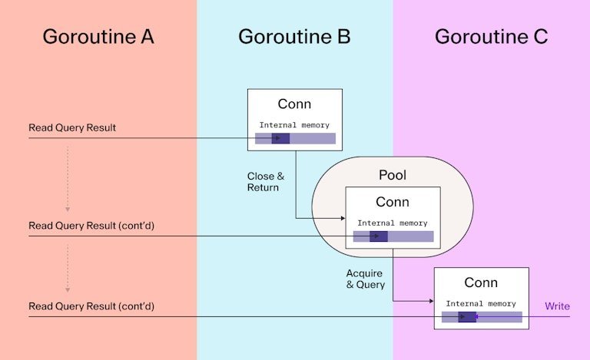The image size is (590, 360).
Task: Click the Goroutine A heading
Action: point(98,36)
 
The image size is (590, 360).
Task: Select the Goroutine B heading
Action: point(294,36)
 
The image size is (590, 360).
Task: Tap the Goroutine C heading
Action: point(491,36)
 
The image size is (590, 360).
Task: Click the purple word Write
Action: point(557,306)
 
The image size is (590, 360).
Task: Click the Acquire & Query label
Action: point(365,279)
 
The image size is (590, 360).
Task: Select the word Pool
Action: point(393,175)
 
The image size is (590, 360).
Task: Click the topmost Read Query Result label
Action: point(72,127)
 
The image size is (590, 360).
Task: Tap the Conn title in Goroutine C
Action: point(481,282)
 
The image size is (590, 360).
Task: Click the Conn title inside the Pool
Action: point(393,202)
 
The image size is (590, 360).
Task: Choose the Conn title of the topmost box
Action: point(294,104)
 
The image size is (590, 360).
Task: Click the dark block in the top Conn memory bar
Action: point(280,139)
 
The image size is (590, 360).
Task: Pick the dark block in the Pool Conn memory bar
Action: point(378,236)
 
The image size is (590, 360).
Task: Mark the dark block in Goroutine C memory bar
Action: point(467,317)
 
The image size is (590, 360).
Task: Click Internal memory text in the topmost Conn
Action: point(294,125)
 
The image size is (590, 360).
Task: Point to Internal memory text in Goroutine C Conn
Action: point(481,304)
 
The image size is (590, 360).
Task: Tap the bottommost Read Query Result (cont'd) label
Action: point(91,306)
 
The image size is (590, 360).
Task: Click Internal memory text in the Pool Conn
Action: point(393,223)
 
